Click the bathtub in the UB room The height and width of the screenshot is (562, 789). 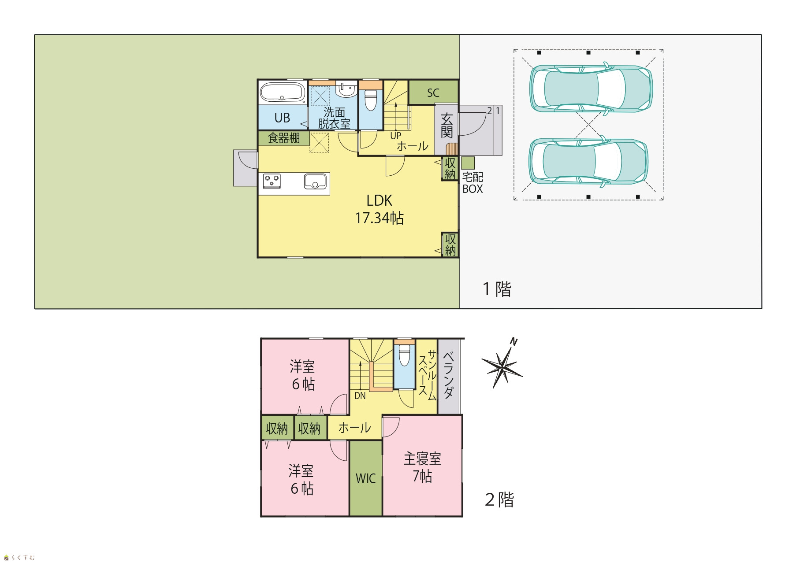tap(283, 92)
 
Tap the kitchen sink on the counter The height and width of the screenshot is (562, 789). tap(315, 181)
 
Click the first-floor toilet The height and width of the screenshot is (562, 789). tap(371, 100)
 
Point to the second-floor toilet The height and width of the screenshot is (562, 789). tap(404, 355)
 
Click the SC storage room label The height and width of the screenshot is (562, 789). tap(433, 93)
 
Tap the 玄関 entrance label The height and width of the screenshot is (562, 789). tap(447, 126)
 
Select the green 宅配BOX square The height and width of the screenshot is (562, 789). tap(468, 163)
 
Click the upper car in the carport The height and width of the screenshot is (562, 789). tap(591, 88)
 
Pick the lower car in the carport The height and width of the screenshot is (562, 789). tap(589, 161)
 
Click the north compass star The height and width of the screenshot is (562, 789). tap(502, 364)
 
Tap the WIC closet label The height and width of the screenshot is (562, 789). tap(366, 478)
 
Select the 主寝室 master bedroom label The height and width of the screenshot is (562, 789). tap(422, 459)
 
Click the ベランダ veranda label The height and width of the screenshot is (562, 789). tap(449, 375)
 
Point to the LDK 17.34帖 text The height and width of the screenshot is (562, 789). tap(380, 209)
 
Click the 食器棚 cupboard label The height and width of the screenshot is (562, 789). tap(284, 138)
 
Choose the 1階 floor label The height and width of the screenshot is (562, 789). tap(497, 289)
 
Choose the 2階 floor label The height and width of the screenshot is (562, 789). tap(499, 500)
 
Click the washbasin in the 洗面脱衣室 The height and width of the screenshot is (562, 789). tap(346, 89)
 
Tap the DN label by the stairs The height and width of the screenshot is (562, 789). tap(360, 396)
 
